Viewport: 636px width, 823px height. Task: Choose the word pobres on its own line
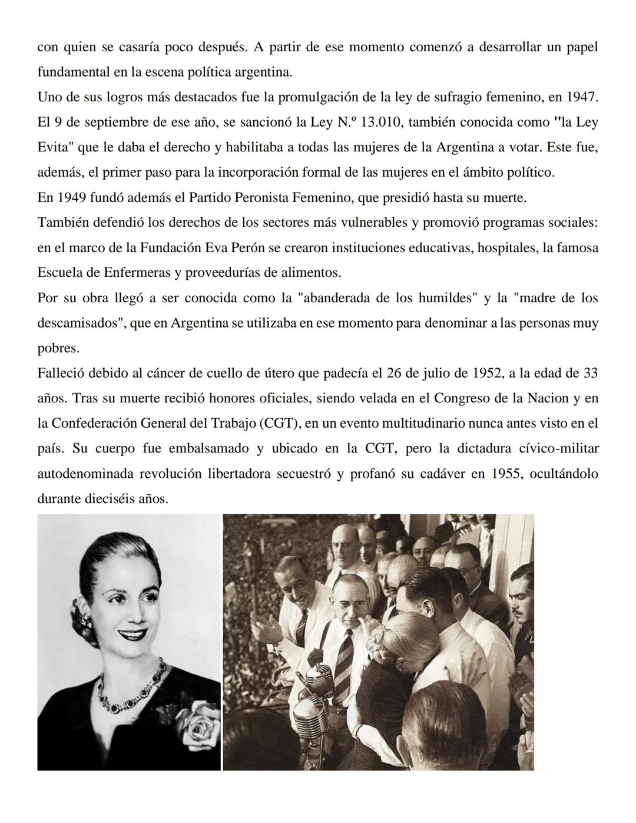tap(58, 348)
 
